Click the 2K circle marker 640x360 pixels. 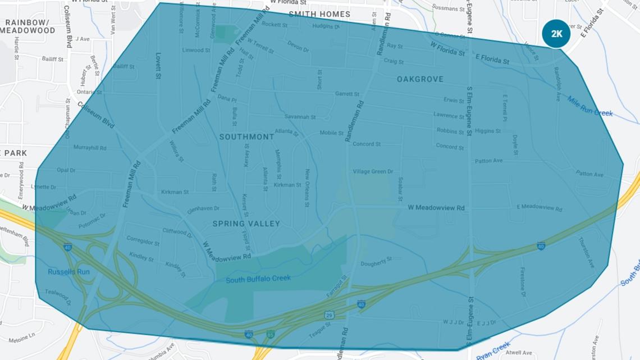556,34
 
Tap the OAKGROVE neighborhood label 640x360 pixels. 420,79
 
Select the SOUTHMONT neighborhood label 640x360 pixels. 246,136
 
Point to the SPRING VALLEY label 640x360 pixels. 246,224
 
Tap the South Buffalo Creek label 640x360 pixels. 258,279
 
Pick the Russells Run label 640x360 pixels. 68,272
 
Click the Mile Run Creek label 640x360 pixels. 589,106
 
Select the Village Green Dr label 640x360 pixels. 373,171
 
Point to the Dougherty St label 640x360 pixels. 376,262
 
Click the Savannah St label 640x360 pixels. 300,117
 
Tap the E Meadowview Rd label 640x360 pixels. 539,207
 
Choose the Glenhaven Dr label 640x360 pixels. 203,208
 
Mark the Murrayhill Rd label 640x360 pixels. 90,148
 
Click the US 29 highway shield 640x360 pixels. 330,315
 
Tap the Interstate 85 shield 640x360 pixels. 271,334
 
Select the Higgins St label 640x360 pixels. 487,131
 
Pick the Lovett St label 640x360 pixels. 159,65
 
